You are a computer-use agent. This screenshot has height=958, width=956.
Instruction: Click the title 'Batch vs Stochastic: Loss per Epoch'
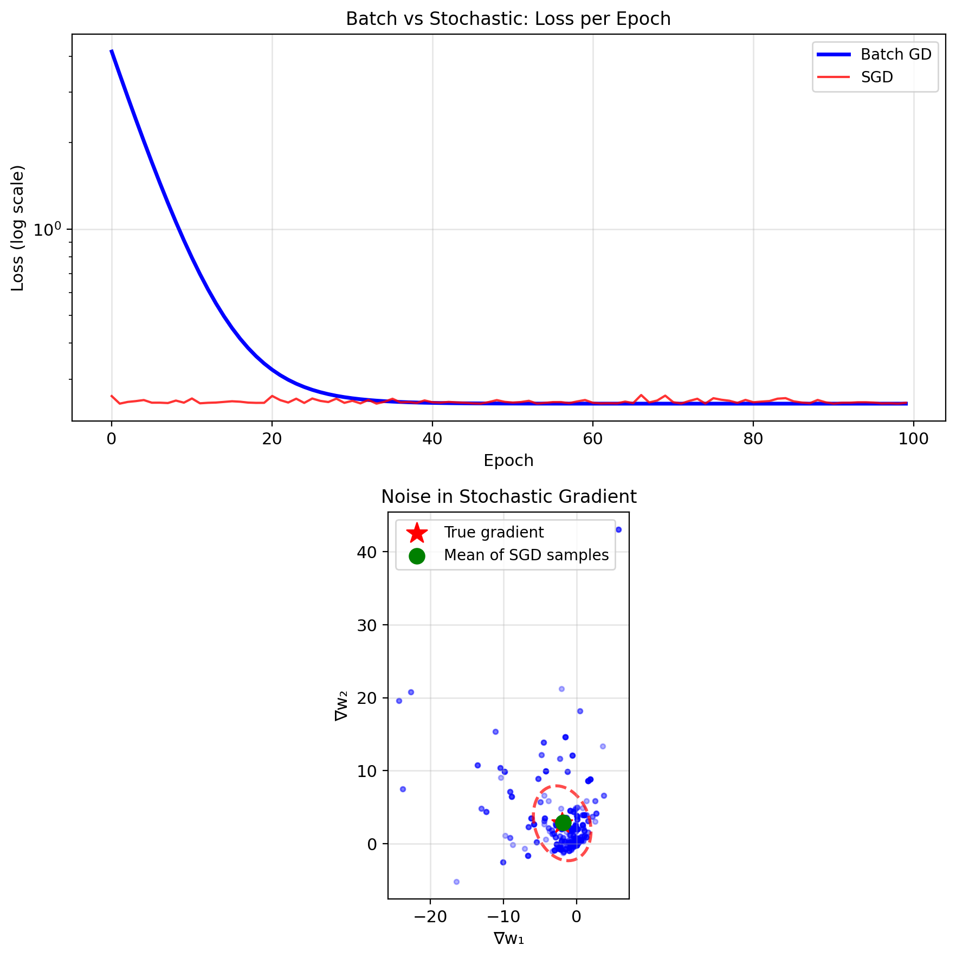coord(508,19)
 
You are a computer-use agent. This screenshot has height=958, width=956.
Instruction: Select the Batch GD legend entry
coord(896,55)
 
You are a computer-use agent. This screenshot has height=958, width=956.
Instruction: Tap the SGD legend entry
coord(877,77)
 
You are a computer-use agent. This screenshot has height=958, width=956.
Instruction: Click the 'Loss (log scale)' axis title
coord(18,228)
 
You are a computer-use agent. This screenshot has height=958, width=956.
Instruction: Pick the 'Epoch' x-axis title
coord(508,461)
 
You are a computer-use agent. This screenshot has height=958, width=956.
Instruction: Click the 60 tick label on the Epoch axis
coord(593,438)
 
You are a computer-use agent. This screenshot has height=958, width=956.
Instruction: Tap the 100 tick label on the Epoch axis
coord(914,438)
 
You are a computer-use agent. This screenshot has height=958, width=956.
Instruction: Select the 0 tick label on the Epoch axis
coord(112,438)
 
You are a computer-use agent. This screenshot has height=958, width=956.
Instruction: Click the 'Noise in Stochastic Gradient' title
coord(508,497)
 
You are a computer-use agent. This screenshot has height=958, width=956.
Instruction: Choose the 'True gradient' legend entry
coord(493,533)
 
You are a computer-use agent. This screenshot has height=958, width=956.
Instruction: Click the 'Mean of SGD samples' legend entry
coord(526,555)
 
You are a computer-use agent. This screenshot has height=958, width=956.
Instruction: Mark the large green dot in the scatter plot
coord(563,823)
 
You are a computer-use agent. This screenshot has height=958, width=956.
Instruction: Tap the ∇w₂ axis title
coord(342,706)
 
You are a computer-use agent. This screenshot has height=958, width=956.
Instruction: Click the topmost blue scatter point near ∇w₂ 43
coord(618,529)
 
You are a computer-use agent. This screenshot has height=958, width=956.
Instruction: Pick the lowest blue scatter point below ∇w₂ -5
coord(456,882)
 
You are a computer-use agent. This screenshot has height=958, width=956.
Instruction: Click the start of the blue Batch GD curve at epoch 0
coord(112,51)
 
